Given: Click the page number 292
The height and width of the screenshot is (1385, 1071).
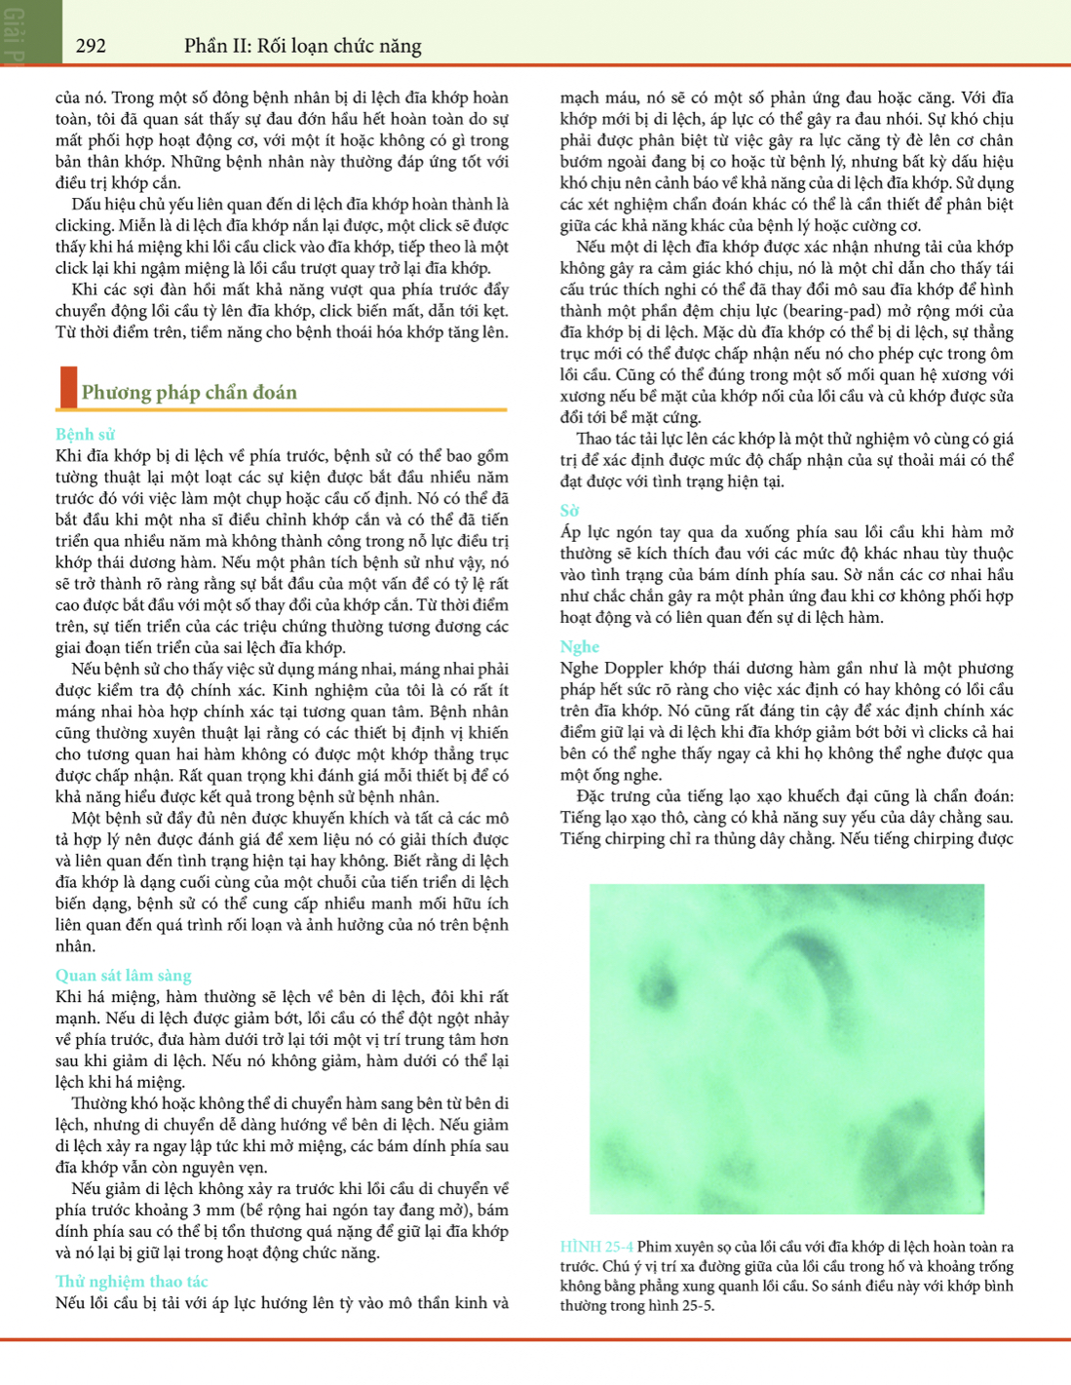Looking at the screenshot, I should (x=91, y=46).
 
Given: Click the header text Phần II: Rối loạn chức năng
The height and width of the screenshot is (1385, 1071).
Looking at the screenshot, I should (x=302, y=46).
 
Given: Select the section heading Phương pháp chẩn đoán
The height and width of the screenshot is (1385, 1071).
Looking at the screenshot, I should (x=189, y=393).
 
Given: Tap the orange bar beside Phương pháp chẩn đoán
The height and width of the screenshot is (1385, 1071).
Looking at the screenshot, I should (x=68, y=387).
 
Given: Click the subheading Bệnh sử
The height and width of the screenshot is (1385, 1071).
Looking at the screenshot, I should (x=85, y=435).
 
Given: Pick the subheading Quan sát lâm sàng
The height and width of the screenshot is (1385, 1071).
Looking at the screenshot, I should (x=123, y=976).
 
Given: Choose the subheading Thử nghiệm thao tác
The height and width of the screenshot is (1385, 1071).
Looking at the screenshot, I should (x=132, y=1282).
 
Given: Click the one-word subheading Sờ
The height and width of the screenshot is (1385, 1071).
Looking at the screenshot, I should (x=569, y=511).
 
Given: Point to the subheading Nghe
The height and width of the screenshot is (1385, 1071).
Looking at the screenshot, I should (x=579, y=647).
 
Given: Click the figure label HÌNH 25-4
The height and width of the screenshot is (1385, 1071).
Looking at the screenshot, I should (x=596, y=1247).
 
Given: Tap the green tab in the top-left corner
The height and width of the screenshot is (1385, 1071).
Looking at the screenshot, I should (x=30, y=32).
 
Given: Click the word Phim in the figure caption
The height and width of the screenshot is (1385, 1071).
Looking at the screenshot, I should (x=654, y=1247).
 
